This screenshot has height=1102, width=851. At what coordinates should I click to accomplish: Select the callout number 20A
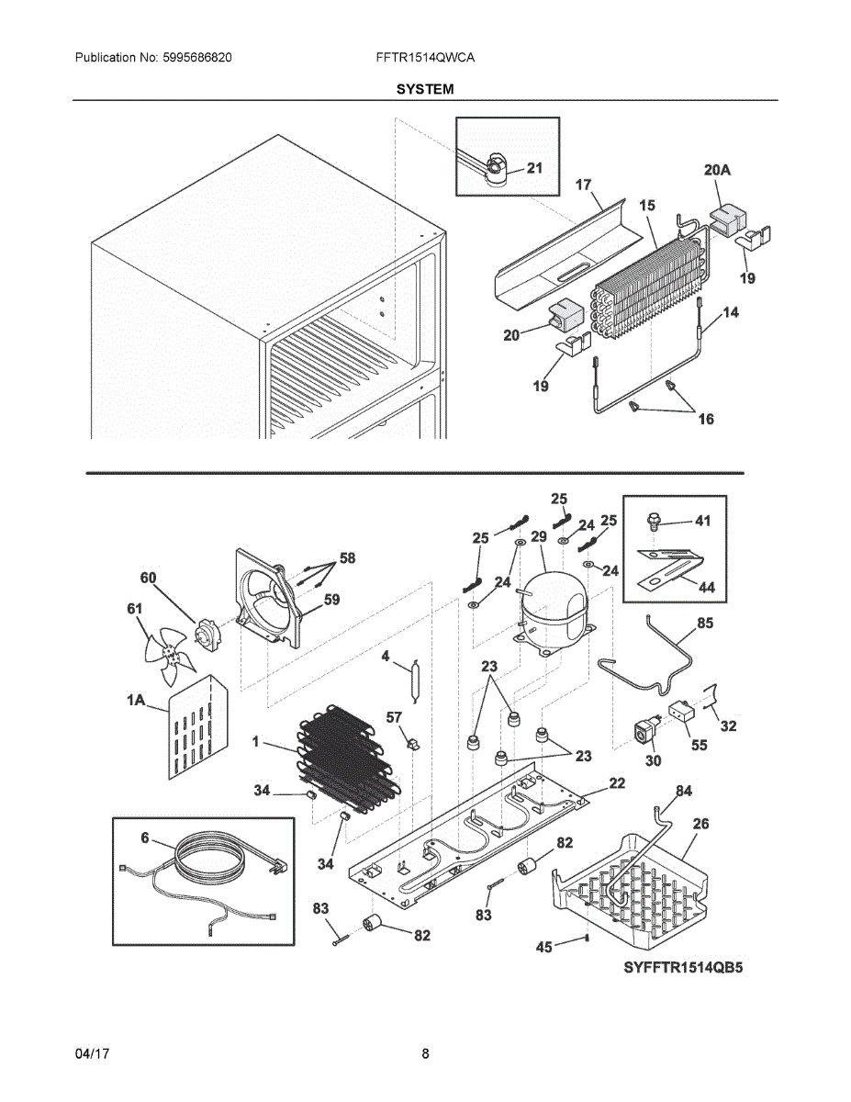click(718, 170)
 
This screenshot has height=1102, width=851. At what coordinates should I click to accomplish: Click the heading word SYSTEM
click(425, 89)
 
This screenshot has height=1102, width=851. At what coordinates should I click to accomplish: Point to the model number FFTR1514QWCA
click(425, 57)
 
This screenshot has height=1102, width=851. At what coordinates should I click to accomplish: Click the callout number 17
click(583, 185)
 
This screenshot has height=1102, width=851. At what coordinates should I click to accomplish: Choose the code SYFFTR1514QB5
click(683, 968)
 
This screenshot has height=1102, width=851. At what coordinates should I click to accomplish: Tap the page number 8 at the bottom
click(425, 1053)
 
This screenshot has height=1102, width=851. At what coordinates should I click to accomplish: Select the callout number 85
click(705, 623)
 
